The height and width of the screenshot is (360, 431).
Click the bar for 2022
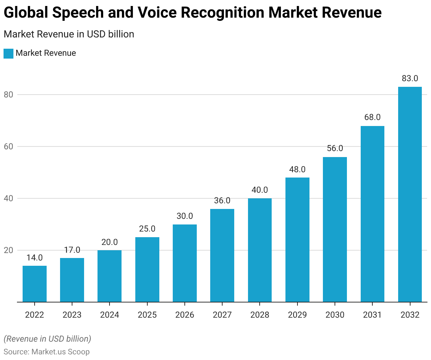point(35,284)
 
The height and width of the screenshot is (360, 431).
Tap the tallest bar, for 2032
point(410,194)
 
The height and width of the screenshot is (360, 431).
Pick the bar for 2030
point(335,229)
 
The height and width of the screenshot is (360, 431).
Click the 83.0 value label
point(410,78)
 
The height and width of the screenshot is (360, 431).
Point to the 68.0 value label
point(372,117)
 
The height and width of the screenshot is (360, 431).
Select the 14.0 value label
point(35,258)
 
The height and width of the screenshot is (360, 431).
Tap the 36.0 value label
point(222,200)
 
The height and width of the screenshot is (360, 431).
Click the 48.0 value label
point(297,169)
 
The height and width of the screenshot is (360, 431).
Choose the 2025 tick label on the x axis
point(147,315)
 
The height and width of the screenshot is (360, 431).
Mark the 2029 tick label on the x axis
point(297,315)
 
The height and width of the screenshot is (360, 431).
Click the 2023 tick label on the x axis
point(72,315)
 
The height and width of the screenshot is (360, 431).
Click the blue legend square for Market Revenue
point(8,53)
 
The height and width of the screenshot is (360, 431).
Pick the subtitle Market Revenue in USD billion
point(69,34)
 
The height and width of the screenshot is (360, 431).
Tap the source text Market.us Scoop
point(60,352)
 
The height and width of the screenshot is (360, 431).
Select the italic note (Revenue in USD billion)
point(47,339)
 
